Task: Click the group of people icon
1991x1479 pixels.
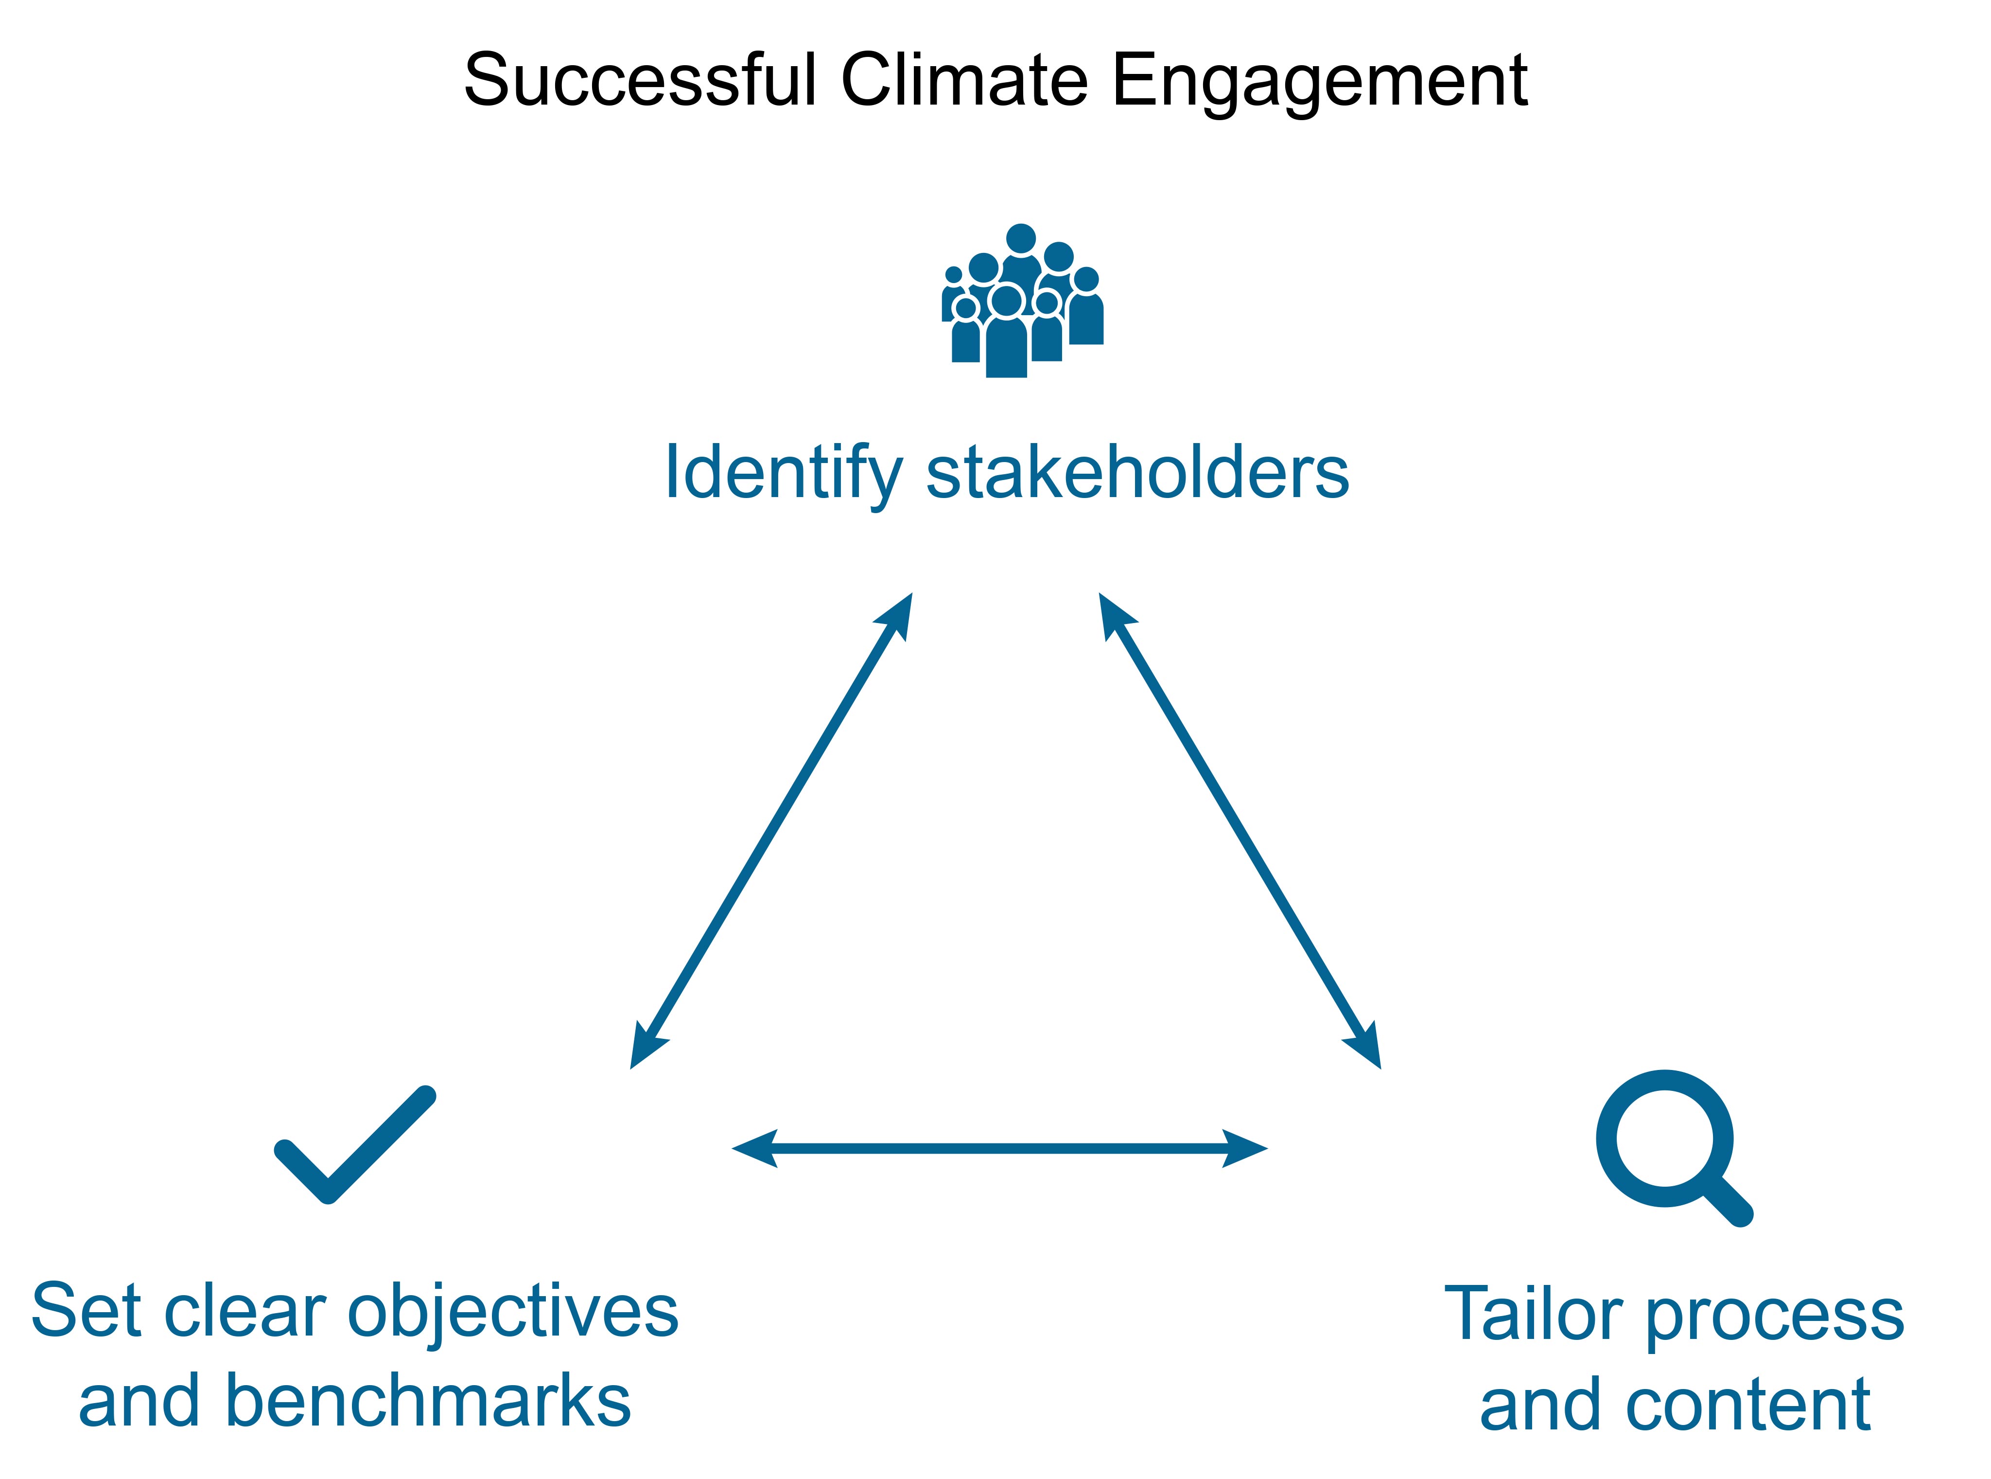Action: coord(1022,301)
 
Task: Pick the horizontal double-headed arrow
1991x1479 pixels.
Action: coord(999,1148)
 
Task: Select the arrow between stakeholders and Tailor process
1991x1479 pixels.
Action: coord(1240,831)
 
